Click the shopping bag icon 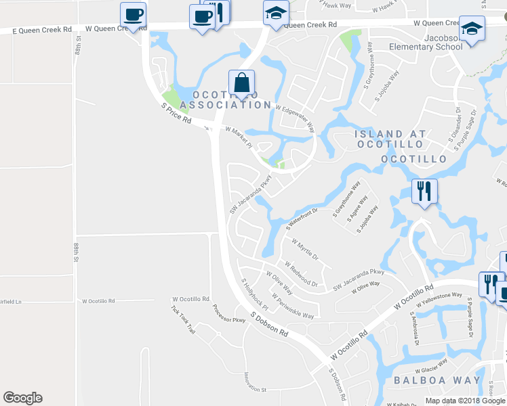click(x=241, y=83)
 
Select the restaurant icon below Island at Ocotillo click(x=424, y=191)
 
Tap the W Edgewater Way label click(x=295, y=116)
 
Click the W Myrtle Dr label click(x=304, y=249)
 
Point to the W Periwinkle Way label click(x=292, y=306)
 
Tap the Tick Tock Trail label click(x=183, y=320)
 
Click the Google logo click(x=22, y=398)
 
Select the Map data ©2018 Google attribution click(x=464, y=401)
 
